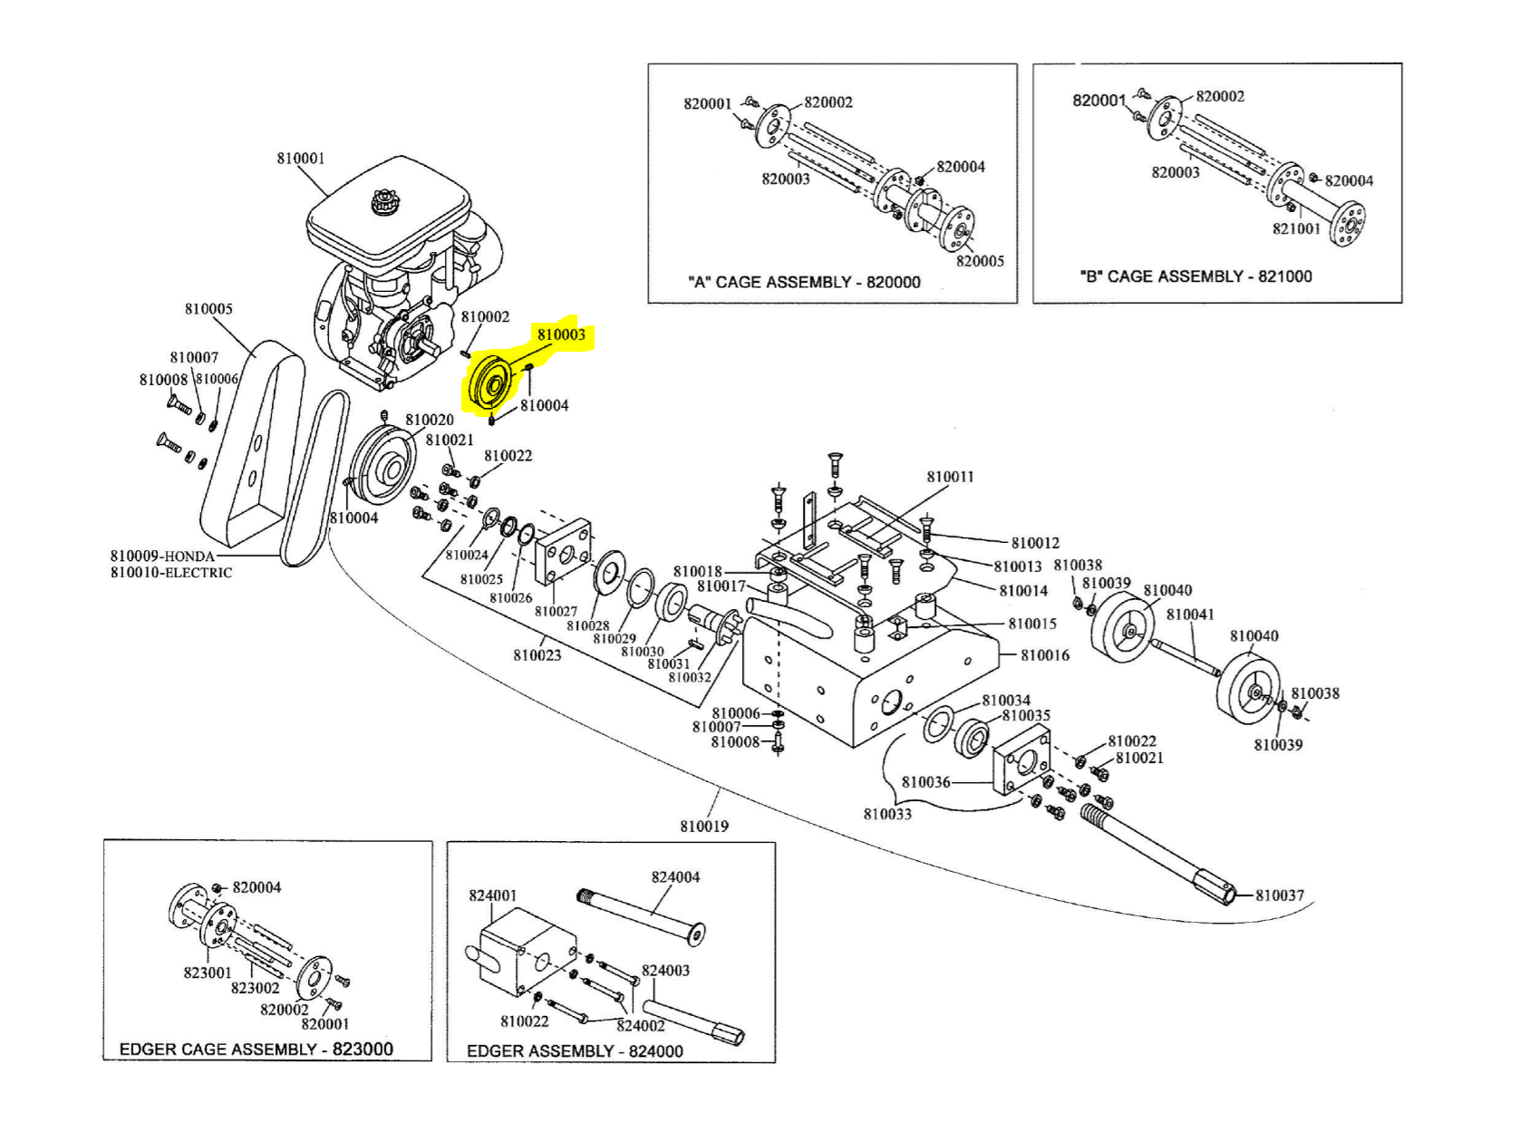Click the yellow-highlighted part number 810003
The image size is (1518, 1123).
pyautogui.click(x=561, y=334)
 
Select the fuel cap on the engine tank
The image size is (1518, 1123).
pyautogui.click(x=385, y=201)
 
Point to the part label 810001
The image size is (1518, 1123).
pyautogui.click(x=300, y=159)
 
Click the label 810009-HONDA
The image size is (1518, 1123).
pyautogui.click(x=163, y=556)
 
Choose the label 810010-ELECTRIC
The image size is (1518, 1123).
pyautogui.click(x=171, y=573)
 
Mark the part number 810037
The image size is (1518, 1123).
pyautogui.click(x=1279, y=895)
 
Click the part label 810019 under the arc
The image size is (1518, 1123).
pyautogui.click(x=704, y=826)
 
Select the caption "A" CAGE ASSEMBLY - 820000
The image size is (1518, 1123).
pyautogui.click(x=804, y=282)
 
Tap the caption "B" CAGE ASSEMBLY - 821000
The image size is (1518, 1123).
pyautogui.click(x=1195, y=276)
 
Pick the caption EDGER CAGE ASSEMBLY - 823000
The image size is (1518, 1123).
pyautogui.click(x=256, y=1049)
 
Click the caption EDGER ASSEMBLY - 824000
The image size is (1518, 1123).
pyautogui.click(x=575, y=1050)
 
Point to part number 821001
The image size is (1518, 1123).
pyautogui.click(x=1296, y=228)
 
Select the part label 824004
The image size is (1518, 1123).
pyautogui.click(x=675, y=877)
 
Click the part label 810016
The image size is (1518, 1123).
pyautogui.click(x=1045, y=655)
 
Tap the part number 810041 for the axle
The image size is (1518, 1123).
pyautogui.click(x=1190, y=615)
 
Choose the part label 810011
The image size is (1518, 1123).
pyautogui.click(x=950, y=477)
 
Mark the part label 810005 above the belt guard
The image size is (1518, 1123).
pyautogui.click(x=208, y=309)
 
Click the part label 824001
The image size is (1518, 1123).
pyautogui.click(x=492, y=895)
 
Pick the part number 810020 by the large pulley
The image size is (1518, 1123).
pyautogui.click(x=430, y=420)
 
